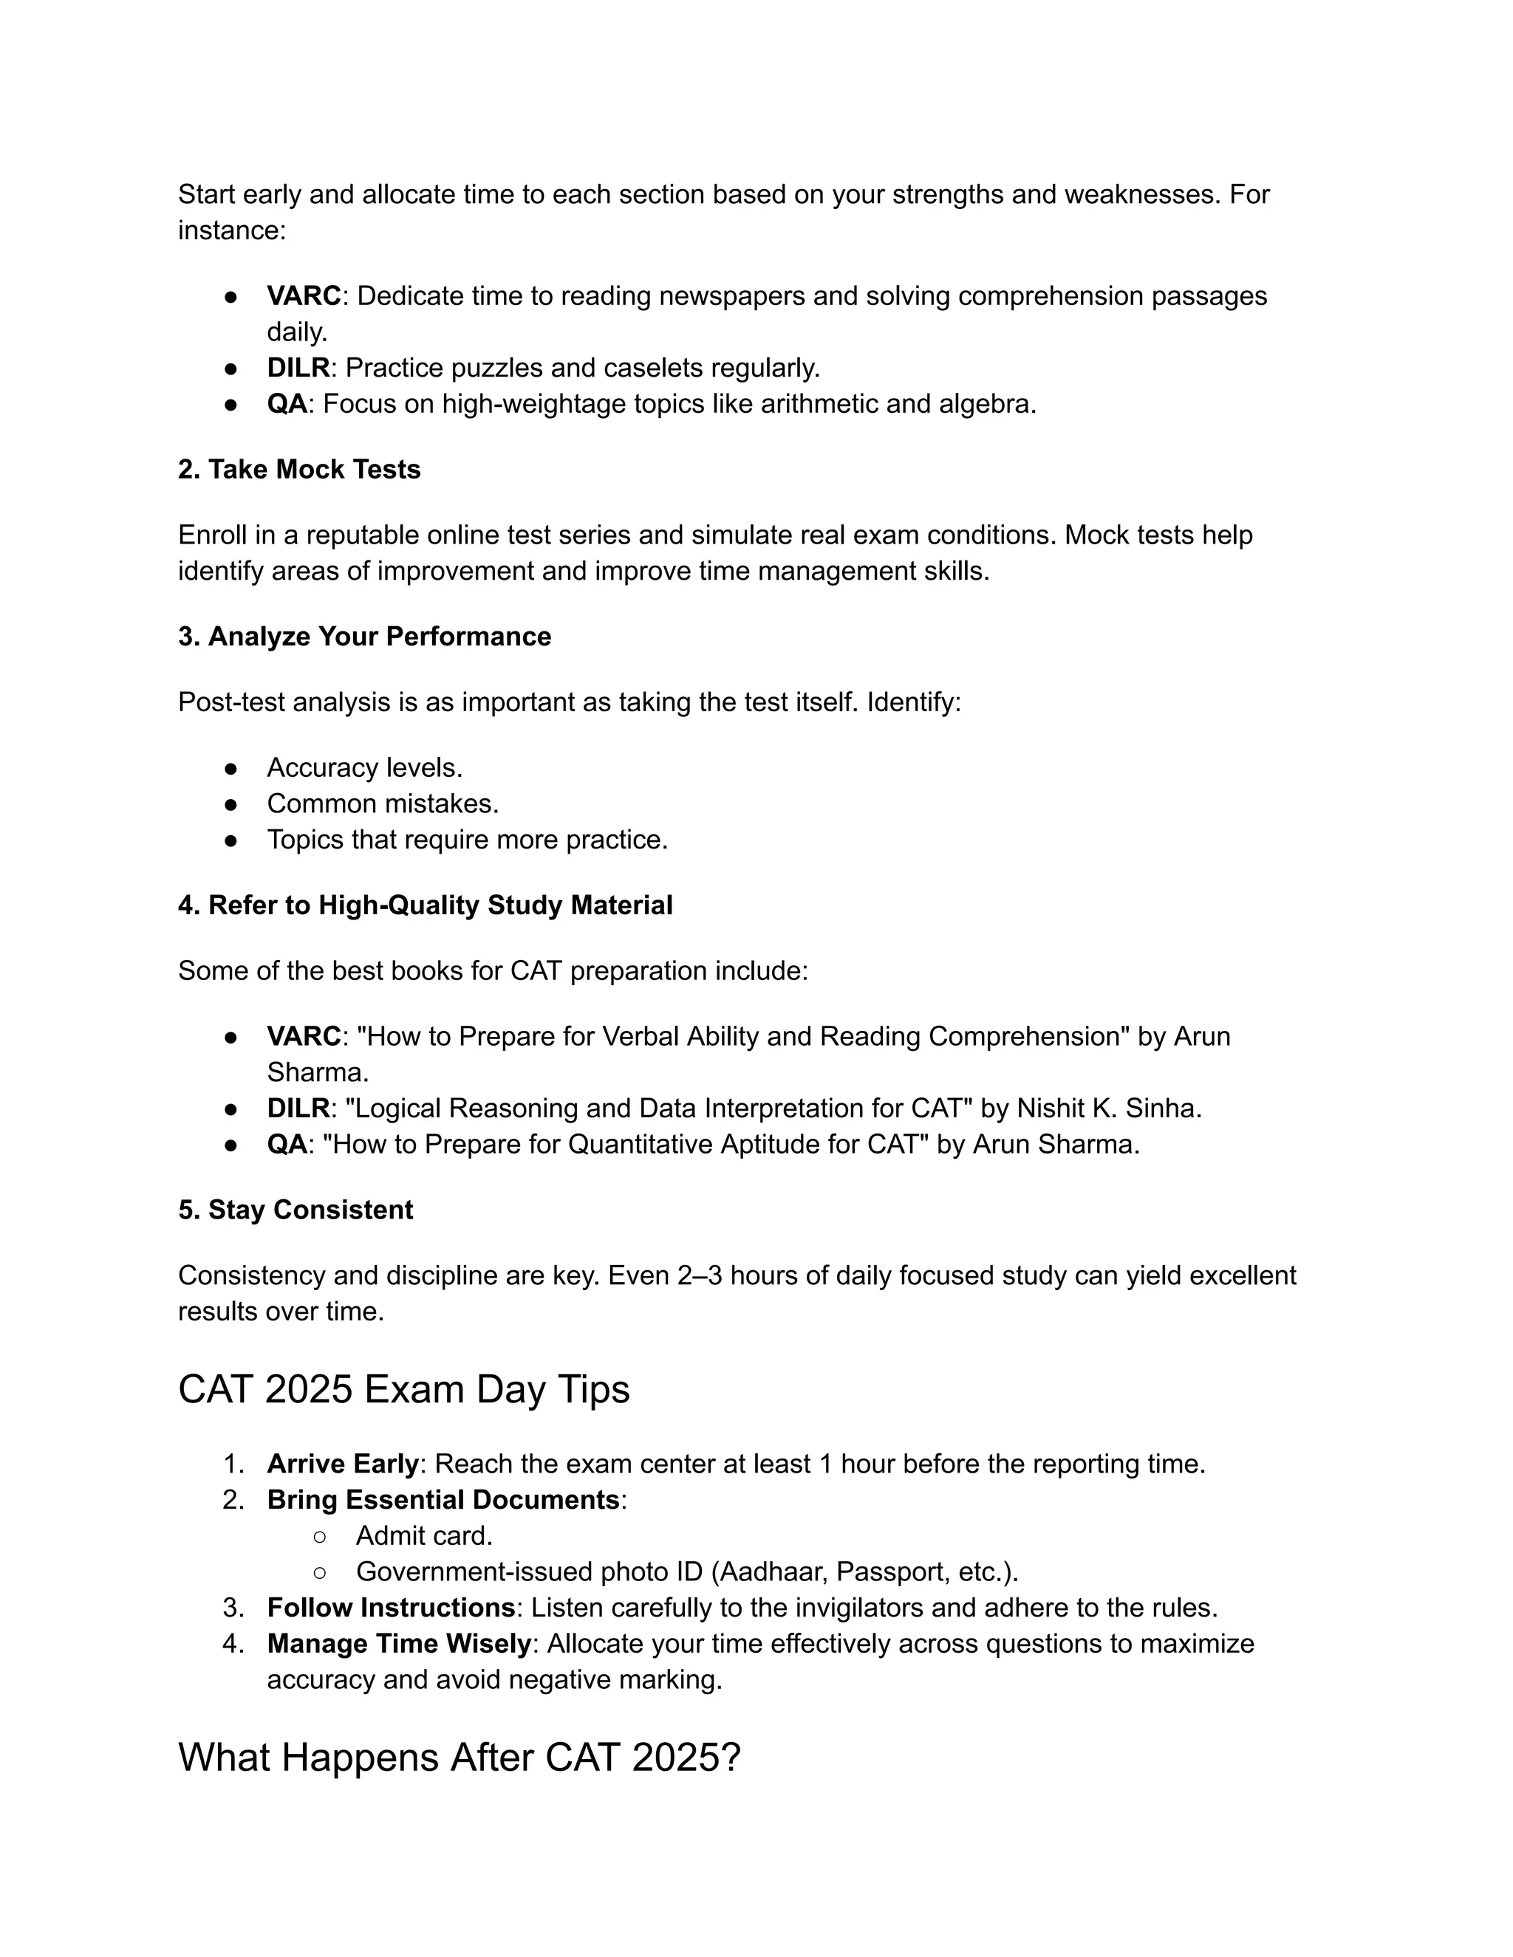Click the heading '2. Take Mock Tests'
[298, 470]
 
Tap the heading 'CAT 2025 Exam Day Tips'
[403, 1390]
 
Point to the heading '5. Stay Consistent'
[295, 1210]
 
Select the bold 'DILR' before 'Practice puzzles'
[298, 369]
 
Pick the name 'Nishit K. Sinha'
[1108, 1108]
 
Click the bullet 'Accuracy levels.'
[365, 768]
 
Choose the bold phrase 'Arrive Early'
[342, 1464]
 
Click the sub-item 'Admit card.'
[424, 1536]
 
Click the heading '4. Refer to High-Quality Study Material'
[425, 905]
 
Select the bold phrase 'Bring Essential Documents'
[443, 1500]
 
